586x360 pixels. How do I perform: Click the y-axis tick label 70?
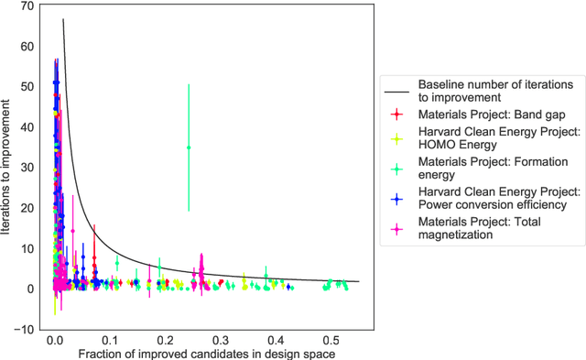point(27,5)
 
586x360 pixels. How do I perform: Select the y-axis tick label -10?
point(26,329)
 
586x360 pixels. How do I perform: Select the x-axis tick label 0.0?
point(54,340)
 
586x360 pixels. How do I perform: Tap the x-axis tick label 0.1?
point(110,340)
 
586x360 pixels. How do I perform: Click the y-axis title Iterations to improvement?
point(8,167)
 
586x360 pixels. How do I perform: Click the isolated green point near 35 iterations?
point(189,147)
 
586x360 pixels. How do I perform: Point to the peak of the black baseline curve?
point(62,19)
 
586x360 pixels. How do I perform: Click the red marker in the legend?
point(396,115)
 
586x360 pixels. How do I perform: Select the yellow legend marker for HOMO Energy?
point(396,137)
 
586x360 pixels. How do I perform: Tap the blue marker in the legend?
point(396,198)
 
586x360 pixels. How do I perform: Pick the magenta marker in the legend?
point(396,229)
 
